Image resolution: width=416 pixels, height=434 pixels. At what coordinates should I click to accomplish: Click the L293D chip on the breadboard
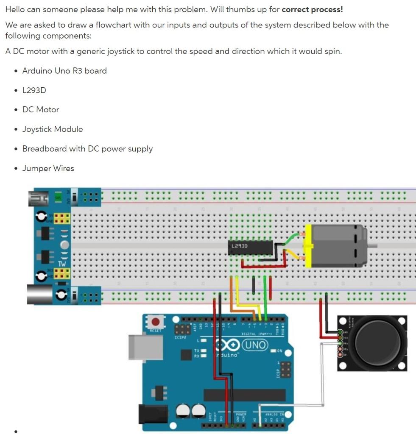(250, 248)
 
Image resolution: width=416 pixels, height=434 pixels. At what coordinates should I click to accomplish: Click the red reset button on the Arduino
(156, 322)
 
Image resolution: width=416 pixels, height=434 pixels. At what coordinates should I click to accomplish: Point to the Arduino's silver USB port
(145, 348)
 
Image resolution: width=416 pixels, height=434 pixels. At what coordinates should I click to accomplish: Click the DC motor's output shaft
(372, 245)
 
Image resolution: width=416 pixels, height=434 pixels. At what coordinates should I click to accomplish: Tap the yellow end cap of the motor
(308, 246)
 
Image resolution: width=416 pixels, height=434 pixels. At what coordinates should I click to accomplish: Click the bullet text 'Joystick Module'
(53, 129)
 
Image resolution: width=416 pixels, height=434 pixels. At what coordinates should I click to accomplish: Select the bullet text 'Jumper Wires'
(48, 168)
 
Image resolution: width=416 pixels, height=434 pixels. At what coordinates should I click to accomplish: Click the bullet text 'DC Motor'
(41, 109)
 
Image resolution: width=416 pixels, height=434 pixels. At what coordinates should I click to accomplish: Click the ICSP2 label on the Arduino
(180, 338)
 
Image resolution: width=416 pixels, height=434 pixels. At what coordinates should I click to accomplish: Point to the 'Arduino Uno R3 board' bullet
(64, 71)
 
